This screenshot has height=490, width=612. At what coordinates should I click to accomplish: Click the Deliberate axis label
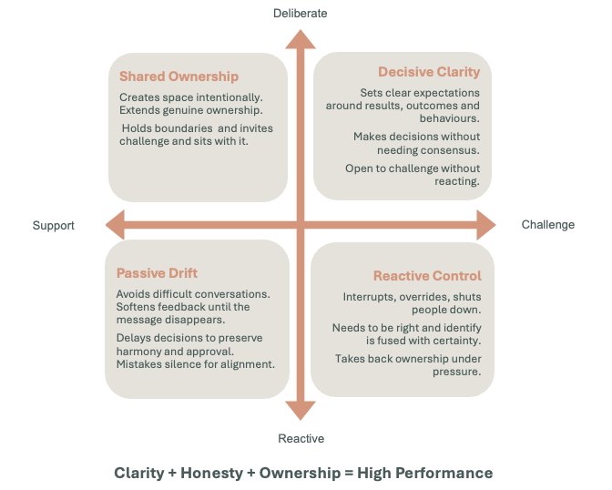click(x=301, y=14)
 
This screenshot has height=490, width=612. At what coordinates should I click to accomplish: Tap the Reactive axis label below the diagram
click(x=301, y=438)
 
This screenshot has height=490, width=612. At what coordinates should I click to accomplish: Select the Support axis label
click(x=54, y=226)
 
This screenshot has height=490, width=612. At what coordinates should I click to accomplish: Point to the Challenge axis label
click(x=548, y=225)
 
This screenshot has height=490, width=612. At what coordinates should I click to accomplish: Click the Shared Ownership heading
click(x=178, y=77)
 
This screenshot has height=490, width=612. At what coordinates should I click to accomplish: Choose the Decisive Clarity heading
click(x=429, y=72)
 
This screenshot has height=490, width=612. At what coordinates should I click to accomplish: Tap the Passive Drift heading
click(x=157, y=273)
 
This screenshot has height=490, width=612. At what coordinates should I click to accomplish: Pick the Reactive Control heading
click(x=427, y=276)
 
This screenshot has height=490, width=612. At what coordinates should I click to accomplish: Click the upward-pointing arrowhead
click(x=301, y=39)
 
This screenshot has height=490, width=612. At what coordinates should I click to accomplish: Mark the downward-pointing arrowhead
click(x=301, y=411)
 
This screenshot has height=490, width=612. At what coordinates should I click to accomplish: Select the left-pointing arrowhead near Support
click(x=115, y=225)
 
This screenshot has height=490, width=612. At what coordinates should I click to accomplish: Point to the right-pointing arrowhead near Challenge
click(x=486, y=225)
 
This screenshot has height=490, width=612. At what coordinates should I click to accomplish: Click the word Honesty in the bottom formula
click(x=212, y=474)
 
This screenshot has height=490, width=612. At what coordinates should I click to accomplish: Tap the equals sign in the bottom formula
click(x=349, y=474)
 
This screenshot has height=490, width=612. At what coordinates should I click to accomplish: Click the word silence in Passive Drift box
click(x=182, y=364)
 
